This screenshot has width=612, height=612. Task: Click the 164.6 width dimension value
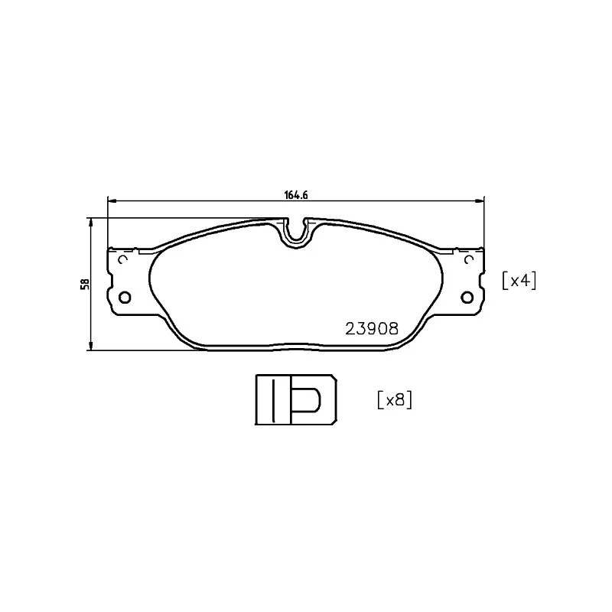click(295, 195)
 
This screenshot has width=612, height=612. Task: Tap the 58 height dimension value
click(86, 284)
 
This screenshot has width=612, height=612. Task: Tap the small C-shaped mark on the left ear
click(123, 259)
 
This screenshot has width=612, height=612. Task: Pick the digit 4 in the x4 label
click(526, 281)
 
